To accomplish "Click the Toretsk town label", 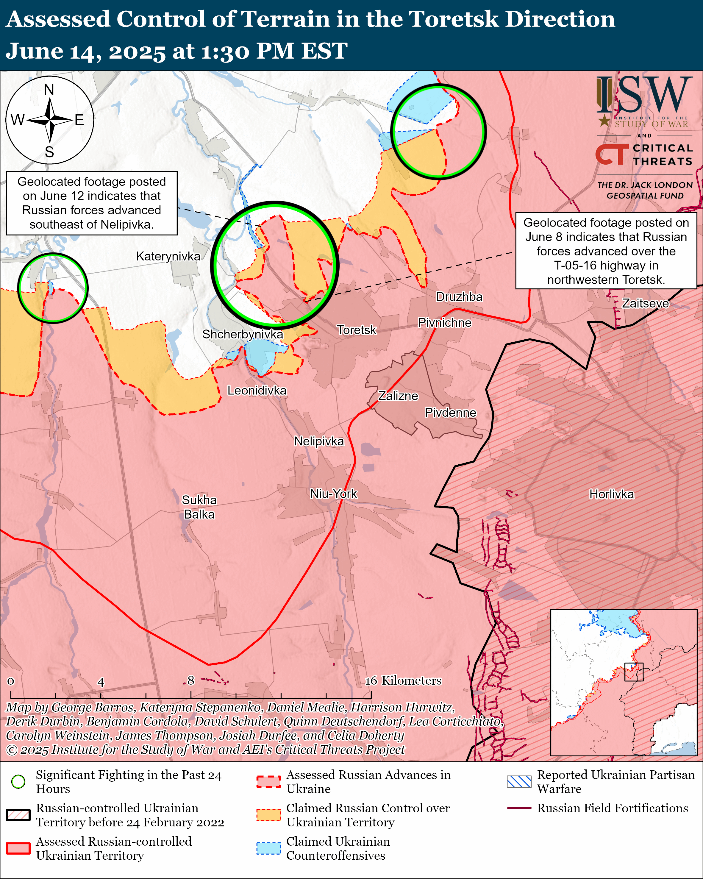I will pyautogui.click(x=356, y=330).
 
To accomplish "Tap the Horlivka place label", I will pyautogui.click(x=611, y=494).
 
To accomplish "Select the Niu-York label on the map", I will pyautogui.click(x=333, y=494).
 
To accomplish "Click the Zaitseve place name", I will pyautogui.click(x=645, y=303).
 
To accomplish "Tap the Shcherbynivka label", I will pyautogui.click(x=243, y=334).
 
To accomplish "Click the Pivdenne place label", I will pyautogui.click(x=450, y=412).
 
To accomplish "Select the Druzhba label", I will pyautogui.click(x=459, y=296).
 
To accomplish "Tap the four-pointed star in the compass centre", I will pyautogui.click(x=50, y=120).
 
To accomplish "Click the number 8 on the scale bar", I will pyautogui.click(x=191, y=680).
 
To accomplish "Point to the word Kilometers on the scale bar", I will pyautogui.click(x=411, y=680).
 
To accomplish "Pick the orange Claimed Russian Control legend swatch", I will pyautogui.click(x=268, y=815).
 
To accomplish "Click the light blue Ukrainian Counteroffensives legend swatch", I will pyautogui.click(x=268, y=848).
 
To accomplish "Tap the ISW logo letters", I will pyautogui.click(x=644, y=96).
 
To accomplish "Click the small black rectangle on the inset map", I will pyautogui.click(x=634, y=672).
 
